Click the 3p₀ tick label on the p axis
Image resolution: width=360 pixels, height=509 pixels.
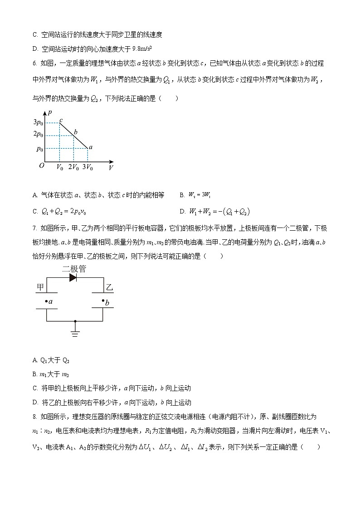pos(38,122)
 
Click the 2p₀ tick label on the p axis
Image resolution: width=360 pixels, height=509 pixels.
pos(38,135)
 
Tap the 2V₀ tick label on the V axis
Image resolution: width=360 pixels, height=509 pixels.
pos(73,167)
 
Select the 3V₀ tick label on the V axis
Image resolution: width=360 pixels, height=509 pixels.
pos(87,167)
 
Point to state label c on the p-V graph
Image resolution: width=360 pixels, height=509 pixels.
pos(61,119)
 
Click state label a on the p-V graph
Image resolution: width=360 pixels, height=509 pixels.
pos(91,147)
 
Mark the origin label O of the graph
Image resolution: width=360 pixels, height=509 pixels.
pos(41,166)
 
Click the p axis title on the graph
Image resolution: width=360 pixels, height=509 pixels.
pos(49,112)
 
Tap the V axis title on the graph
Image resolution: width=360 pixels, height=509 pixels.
pos(111,168)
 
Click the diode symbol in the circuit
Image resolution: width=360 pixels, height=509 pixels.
pos(73,278)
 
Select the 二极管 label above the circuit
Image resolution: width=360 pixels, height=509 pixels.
pos(74,268)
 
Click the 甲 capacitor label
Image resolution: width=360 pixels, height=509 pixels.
pos(40,288)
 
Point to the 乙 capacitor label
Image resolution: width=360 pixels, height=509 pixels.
pos(109,288)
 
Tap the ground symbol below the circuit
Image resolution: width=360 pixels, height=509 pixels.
pos(75,333)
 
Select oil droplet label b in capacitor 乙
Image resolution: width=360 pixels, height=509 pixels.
pos(107,303)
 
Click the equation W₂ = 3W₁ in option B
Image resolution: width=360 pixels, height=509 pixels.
pos(201,195)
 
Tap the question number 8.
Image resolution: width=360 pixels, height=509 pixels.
pos(35,416)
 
